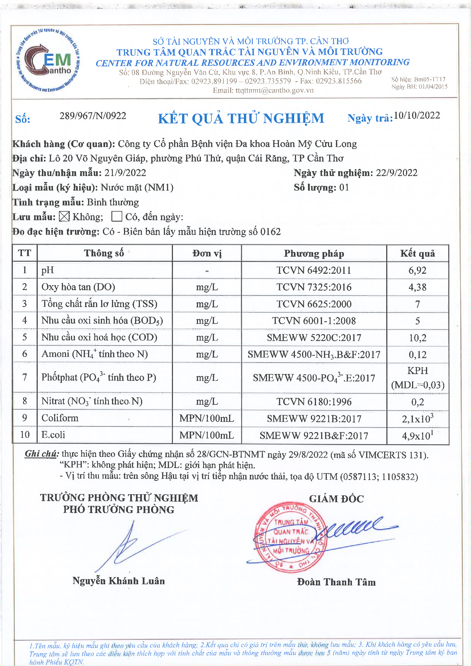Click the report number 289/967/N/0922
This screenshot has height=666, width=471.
[x=93, y=116]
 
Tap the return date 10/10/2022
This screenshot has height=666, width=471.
[x=417, y=115]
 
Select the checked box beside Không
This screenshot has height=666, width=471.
[x=64, y=216]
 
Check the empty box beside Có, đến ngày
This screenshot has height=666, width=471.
[x=117, y=216]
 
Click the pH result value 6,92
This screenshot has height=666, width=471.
[x=417, y=270]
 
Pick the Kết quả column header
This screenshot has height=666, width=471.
[x=417, y=254]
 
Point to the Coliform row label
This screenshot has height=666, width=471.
[x=60, y=418]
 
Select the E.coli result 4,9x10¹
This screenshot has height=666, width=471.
[x=417, y=435]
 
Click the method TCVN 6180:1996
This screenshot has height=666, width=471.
[x=314, y=402]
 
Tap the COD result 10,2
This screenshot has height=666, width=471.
[x=417, y=338]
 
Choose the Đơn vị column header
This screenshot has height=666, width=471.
[x=207, y=254]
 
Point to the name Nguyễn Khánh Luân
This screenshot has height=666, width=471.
[x=119, y=581]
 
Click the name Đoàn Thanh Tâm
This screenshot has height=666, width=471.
[x=336, y=582]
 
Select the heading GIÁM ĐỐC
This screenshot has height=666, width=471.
[x=336, y=499]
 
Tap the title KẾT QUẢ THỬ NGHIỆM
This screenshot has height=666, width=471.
[x=241, y=118]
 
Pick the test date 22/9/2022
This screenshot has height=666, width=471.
[x=396, y=173]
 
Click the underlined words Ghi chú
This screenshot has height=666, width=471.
[x=42, y=454]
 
